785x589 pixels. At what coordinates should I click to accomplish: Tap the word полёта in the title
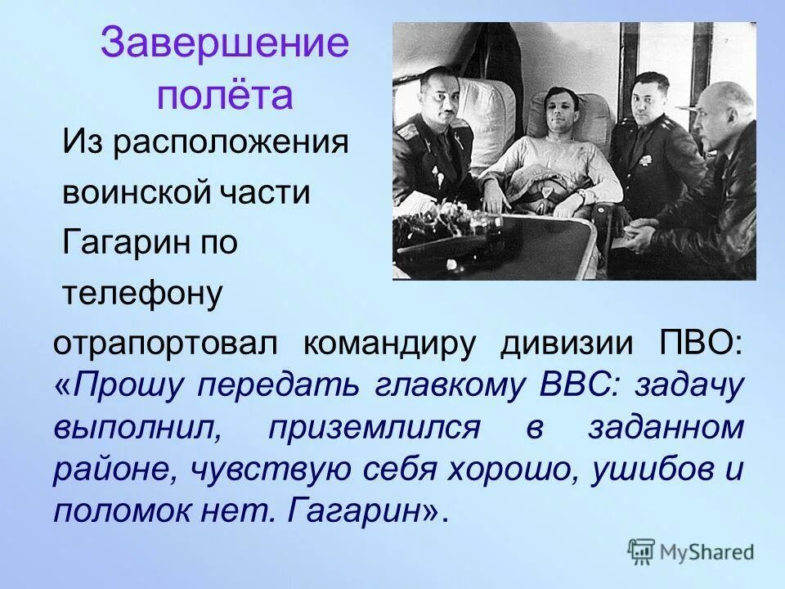225,96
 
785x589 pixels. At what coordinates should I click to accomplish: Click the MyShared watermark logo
691,552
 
